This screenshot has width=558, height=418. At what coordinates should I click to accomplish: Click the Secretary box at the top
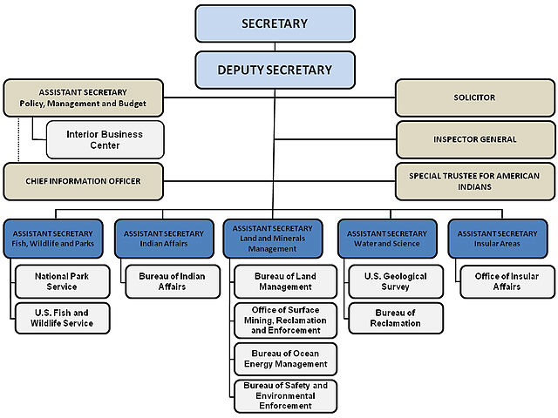275,24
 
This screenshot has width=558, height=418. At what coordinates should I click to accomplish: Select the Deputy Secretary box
275,70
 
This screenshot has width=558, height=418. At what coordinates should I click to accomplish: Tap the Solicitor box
475,98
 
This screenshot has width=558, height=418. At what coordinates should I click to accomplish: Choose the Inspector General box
475,139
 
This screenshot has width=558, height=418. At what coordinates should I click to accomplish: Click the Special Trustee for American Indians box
475,181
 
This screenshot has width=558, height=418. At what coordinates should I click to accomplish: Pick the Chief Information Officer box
83,181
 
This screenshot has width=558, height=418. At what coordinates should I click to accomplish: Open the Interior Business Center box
105,139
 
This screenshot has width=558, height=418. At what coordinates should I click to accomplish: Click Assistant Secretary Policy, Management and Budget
83,98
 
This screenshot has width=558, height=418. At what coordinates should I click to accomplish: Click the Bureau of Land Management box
285,281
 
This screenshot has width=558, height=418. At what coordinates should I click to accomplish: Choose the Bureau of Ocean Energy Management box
285,359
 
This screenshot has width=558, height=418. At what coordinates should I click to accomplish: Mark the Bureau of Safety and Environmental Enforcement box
285,395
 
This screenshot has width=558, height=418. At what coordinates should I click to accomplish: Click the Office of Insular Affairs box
507,281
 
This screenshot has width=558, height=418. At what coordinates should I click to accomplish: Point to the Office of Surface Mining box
285,320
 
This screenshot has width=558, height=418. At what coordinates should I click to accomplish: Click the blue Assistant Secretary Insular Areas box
498,239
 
